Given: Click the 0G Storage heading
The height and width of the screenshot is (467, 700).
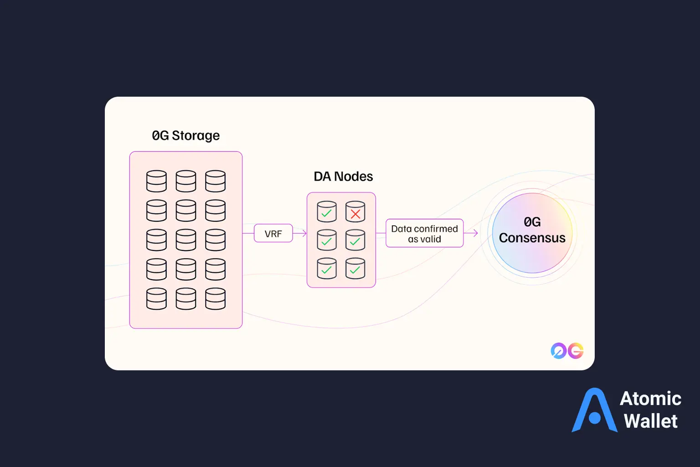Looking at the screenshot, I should (x=185, y=135).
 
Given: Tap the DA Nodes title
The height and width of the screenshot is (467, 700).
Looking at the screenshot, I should (x=343, y=176).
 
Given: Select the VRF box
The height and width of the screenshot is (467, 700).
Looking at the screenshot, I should (x=273, y=233).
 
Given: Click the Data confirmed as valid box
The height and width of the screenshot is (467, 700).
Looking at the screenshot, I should (x=424, y=233).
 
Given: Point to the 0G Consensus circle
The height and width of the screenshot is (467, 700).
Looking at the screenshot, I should (x=532, y=233).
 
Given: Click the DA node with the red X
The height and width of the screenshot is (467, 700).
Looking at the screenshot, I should (x=355, y=212).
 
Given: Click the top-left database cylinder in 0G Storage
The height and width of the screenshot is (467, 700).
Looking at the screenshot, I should (x=156, y=181).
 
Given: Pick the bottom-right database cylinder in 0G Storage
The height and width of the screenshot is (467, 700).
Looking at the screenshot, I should (x=215, y=299).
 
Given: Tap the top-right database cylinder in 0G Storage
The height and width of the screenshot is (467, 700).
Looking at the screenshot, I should (x=215, y=181).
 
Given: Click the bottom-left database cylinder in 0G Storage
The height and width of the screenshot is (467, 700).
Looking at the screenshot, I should (x=156, y=299).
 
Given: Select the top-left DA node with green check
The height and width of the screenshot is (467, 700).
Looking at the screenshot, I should (x=327, y=212).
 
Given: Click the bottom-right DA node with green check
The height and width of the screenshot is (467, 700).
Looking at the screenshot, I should (x=355, y=269).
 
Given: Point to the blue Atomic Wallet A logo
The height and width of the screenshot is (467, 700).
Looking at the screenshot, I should (x=594, y=411).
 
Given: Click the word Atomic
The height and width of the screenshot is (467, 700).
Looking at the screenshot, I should (x=650, y=399).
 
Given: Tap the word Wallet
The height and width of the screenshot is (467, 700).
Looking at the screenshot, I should (x=650, y=421).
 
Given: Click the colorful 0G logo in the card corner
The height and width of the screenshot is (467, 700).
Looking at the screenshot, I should (x=567, y=351).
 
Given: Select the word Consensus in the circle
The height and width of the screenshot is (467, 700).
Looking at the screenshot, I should (x=532, y=238).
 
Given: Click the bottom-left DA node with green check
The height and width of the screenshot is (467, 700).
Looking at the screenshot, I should (x=327, y=269).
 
